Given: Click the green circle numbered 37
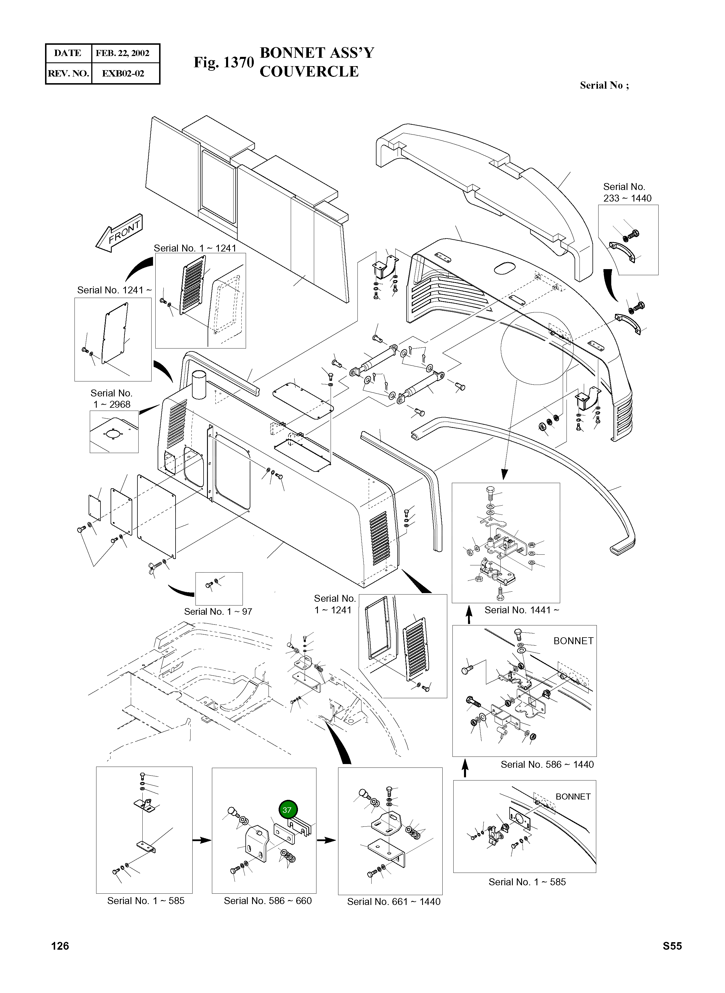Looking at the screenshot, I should tap(287, 810).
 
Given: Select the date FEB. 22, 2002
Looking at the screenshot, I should tap(122, 53).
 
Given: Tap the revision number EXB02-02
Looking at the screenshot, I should tap(123, 73).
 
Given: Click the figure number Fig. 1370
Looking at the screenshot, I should tap(224, 63).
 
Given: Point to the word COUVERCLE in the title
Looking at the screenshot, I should tap(309, 72).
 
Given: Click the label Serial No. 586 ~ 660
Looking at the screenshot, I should tap(268, 901).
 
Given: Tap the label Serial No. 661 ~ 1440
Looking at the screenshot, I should tap(394, 902).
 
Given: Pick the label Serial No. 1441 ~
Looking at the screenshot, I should tap(522, 610).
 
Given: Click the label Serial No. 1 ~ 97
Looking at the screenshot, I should tap(218, 612).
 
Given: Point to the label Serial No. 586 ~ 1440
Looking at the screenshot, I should tap(547, 764).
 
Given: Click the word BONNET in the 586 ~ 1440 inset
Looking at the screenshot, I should tap(573, 641).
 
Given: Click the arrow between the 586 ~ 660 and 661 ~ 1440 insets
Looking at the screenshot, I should tap(326, 840).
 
